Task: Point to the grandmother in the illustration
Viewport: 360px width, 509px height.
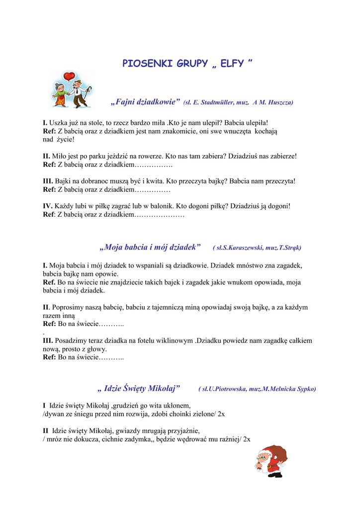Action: (x=61, y=94)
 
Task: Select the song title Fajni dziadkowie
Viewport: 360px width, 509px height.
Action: (x=145, y=102)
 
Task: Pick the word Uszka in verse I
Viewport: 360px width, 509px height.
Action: (x=58, y=122)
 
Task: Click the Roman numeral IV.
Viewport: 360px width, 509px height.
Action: (x=48, y=206)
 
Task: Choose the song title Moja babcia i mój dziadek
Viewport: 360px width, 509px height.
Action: (x=150, y=247)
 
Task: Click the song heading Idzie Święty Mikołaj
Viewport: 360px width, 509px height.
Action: (x=139, y=388)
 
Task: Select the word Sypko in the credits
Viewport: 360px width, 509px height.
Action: (x=305, y=389)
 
